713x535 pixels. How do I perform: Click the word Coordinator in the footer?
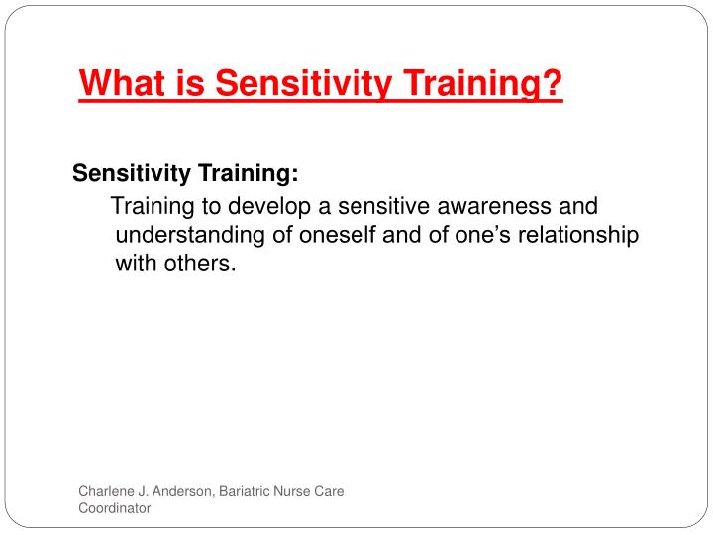pyautogui.click(x=115, y=508)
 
